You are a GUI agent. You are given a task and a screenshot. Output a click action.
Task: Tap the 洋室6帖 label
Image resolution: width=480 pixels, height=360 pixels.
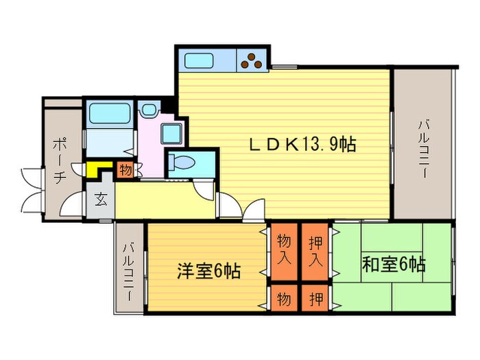[208, 270]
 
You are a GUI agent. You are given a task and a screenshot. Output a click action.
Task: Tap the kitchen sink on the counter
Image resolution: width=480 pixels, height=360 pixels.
[202, 60]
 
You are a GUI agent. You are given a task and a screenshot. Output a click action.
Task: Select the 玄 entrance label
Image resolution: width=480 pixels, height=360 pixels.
[101, 200]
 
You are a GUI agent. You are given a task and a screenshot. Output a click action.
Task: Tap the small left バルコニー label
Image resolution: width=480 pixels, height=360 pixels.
[128, 268]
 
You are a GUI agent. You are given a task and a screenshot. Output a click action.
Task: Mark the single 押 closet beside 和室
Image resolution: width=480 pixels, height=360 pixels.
[315, 298]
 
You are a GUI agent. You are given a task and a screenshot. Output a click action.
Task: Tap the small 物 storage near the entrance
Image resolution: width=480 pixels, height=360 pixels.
[124, 169]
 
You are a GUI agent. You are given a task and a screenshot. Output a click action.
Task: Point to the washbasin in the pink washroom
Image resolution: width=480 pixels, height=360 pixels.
[149, 109]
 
